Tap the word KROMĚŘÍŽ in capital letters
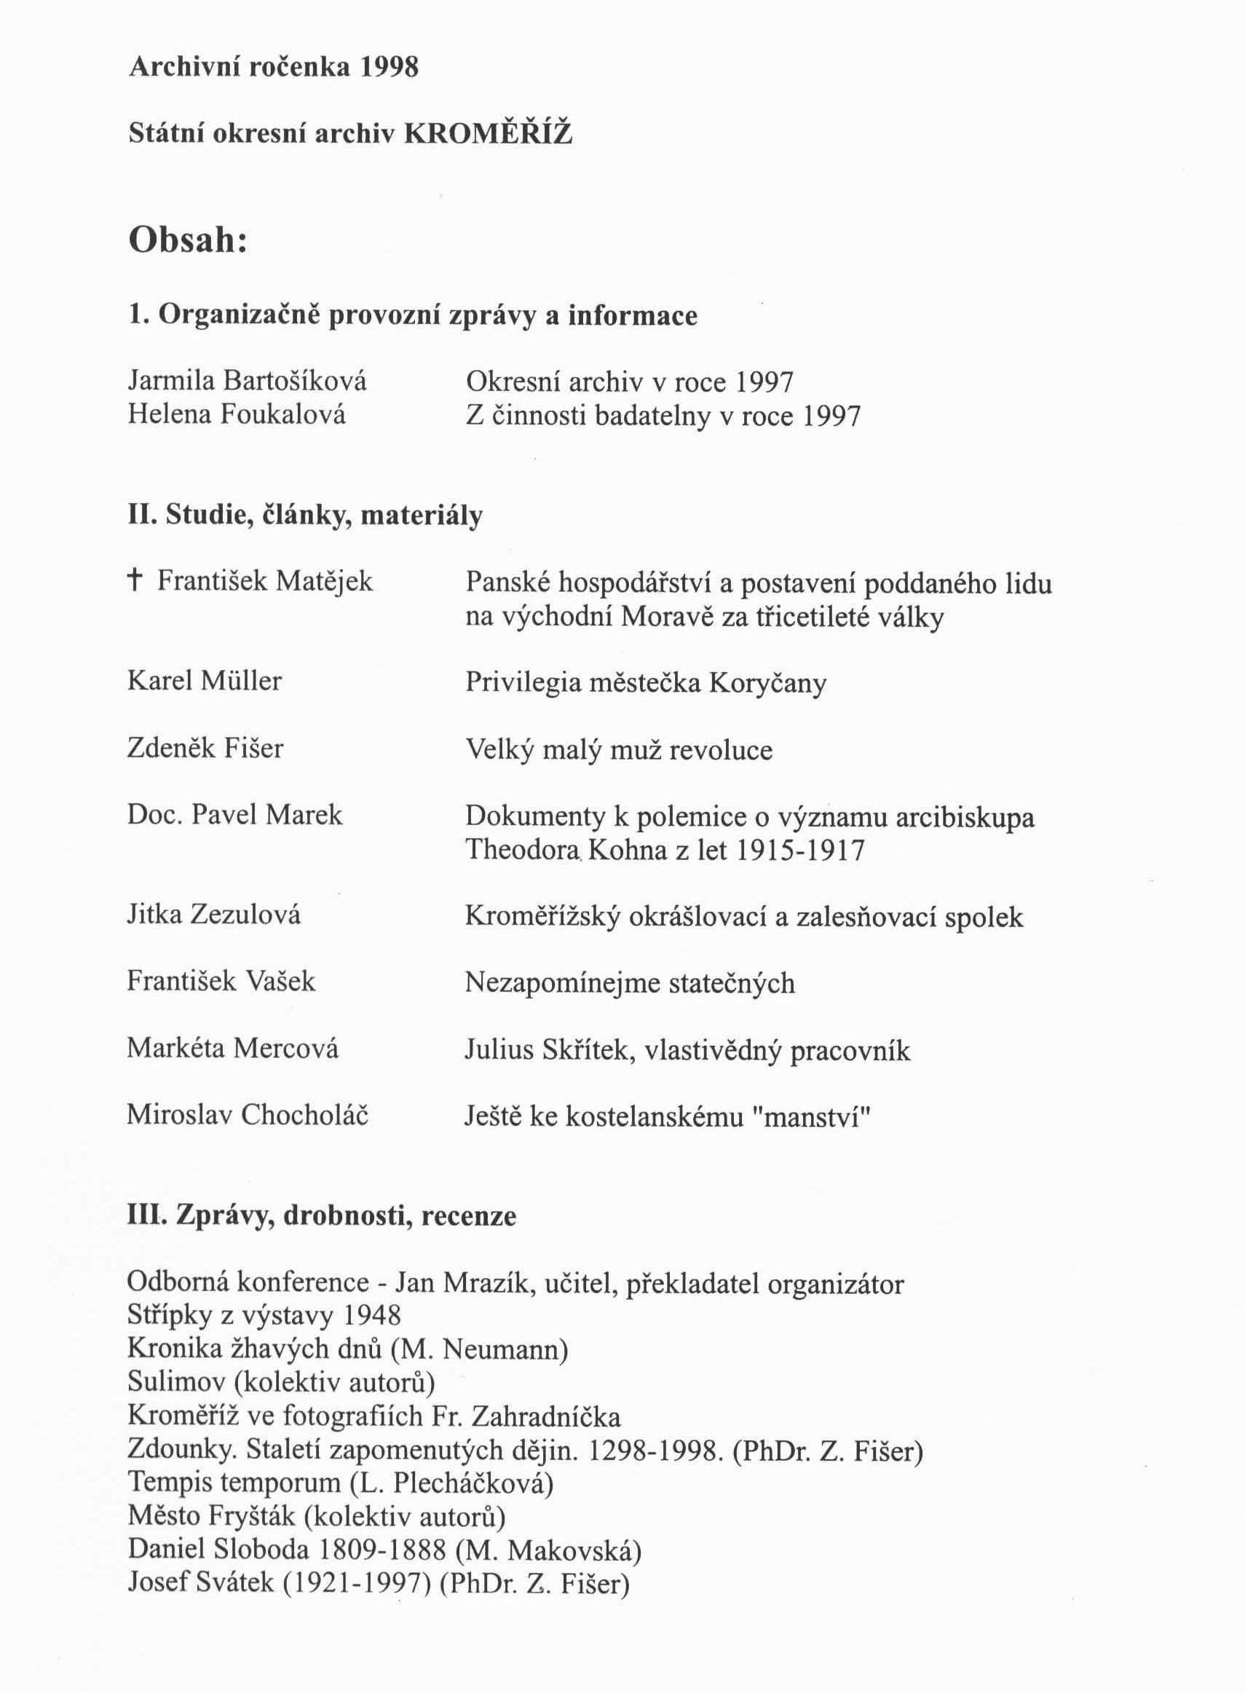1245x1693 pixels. [489, 134]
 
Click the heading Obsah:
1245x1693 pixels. [189, 241]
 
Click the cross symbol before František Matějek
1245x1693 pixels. [135, 580]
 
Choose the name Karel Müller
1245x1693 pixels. [205, 682]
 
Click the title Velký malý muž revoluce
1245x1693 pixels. [619, 750]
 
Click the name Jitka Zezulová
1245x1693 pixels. [214, 915]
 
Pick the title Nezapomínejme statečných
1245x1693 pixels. [630, 983]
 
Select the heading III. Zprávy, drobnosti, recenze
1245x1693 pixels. [322, 1216]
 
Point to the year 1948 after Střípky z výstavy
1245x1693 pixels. [371, 1315]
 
